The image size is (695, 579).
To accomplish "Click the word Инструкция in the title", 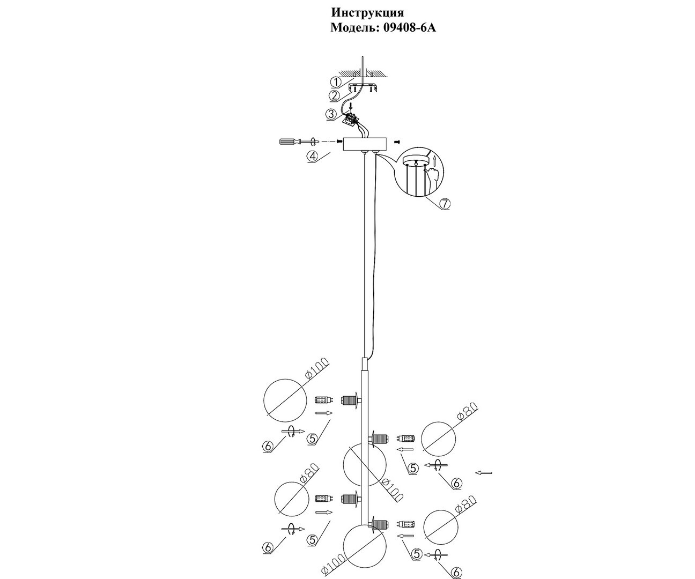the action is [367, 13].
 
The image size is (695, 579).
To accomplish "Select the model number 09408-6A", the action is [409, 28].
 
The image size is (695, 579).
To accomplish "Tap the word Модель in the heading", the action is [355, 28].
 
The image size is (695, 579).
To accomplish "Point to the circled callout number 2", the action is [335, 96].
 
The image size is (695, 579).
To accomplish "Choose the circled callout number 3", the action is [331, 115].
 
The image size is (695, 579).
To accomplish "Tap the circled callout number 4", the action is [312, 156].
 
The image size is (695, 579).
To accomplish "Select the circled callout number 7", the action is [445, 203].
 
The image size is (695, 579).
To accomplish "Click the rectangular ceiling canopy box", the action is [365, 144].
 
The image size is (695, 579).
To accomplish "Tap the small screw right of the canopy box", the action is [396, 142].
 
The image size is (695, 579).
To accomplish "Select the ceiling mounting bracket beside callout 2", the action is [363, 88].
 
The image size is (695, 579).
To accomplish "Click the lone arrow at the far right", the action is [484, 472].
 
